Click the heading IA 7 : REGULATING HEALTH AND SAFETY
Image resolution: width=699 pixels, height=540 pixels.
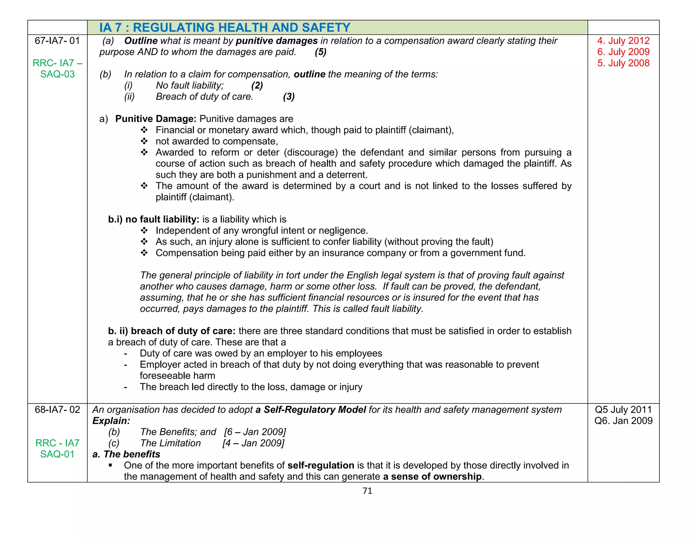(x=225, y=28)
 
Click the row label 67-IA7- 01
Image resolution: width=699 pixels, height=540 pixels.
(x=57, y=41)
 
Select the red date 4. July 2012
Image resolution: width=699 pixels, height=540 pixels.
(x=623, y=41)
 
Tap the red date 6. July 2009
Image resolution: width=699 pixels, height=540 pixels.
(x=623, y=52)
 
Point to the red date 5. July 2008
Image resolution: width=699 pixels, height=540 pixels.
(x=623, y=63)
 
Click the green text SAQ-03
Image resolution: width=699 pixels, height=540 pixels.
(x=57, y=74)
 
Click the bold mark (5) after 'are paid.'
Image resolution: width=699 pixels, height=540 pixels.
(x=320, y=52)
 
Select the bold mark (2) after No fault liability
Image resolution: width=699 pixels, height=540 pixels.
(x=257, y=85)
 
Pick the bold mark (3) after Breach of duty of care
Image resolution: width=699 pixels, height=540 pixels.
(x=289, y=97)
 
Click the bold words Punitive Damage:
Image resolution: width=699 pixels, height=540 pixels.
(x=156, y=119)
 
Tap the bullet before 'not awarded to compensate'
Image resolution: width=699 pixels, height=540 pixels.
(x=144, y=141)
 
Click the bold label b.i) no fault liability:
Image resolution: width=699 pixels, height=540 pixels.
(x=154, y=219)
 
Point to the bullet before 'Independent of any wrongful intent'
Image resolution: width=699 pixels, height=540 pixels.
(x=144, y=231)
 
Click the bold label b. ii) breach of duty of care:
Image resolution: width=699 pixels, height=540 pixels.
(x=172, y=331)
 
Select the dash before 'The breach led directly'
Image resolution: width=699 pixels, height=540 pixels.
(x=126, y=387)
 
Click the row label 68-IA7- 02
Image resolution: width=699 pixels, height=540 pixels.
(x=57, y=410)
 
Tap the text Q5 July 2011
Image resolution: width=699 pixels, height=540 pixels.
(x=623, y=410)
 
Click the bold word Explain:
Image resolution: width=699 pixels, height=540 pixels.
(x=111, y=421)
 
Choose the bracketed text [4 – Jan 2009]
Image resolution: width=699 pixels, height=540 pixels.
(x=253, y=443)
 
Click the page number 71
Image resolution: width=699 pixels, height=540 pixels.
(x=367, y=491)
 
